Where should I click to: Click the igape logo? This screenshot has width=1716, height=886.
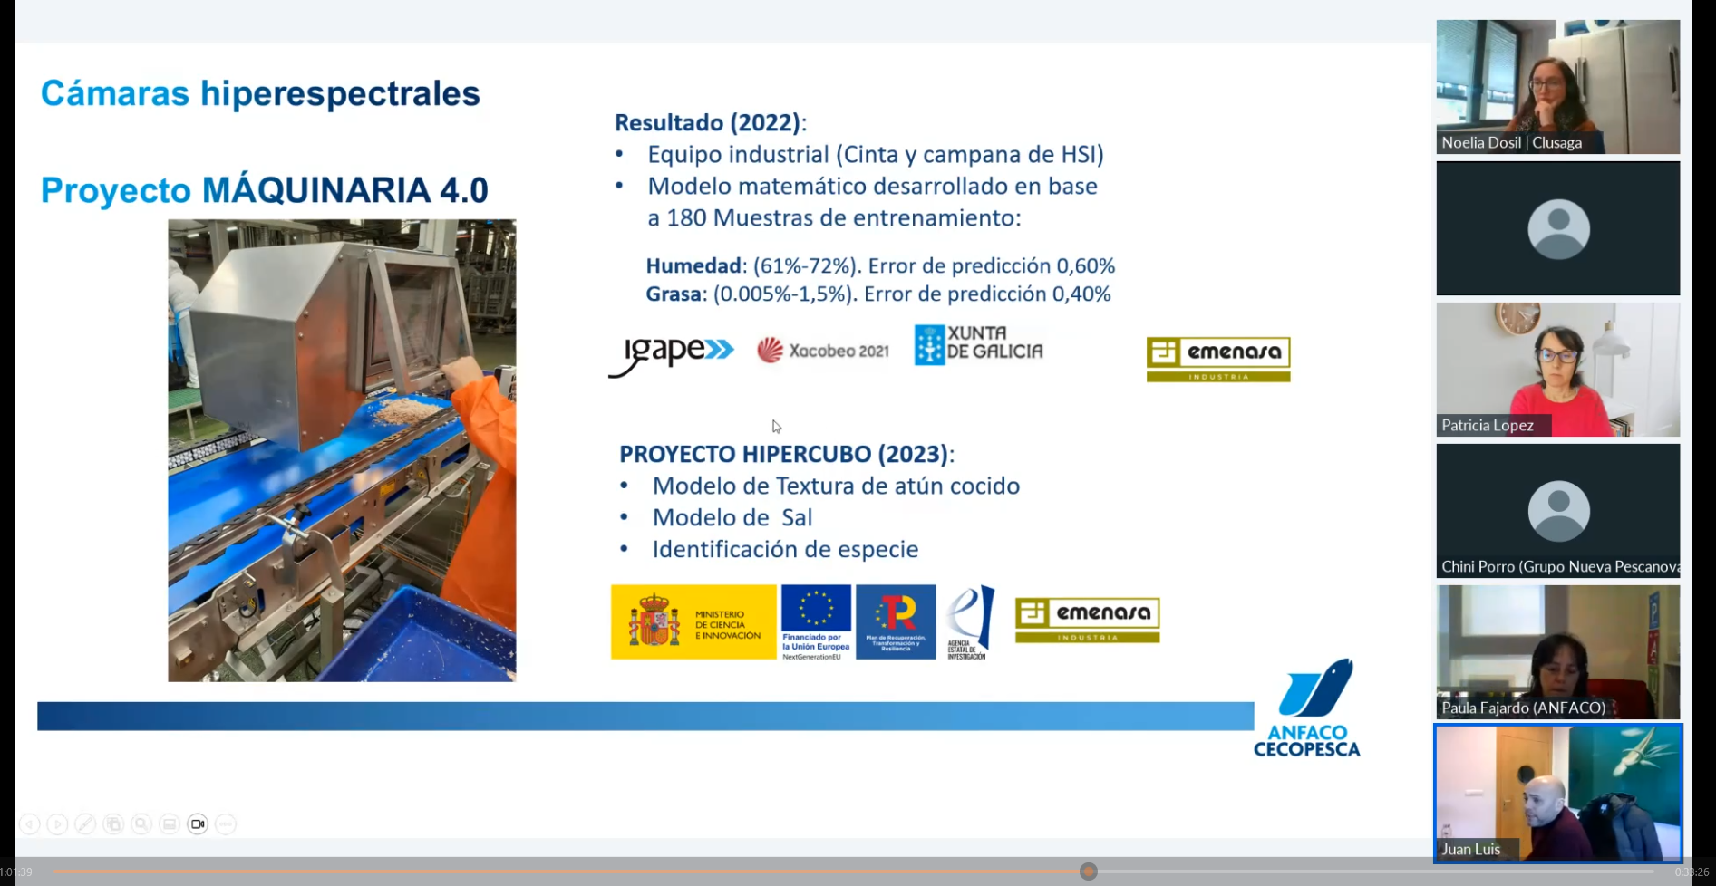(x=672, y=353)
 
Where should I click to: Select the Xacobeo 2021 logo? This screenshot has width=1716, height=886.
(x=823, y=351)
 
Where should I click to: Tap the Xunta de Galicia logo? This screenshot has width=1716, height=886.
(x=979, y=345)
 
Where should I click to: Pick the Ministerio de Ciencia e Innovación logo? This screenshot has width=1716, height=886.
(x=693, y=622)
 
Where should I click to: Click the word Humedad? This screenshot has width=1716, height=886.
(x=693, y=266)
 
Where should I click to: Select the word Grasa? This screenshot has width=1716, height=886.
(x=674, y=294)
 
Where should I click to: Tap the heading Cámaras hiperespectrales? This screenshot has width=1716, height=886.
(x=260, y=94)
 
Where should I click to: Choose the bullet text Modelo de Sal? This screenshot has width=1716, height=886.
(x=732, y=518)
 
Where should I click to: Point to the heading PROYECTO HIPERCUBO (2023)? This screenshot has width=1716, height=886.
(x=785, y=454)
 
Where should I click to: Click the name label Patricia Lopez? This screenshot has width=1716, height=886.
(x=1488, y=426)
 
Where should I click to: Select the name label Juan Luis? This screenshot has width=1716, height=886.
(x=1470, y=850)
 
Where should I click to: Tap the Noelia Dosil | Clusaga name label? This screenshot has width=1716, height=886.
(x=1511, y=143)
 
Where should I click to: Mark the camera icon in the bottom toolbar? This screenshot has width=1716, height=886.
(x=198, y=824)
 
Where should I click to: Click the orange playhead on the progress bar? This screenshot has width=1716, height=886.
(x=1089, y=872)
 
